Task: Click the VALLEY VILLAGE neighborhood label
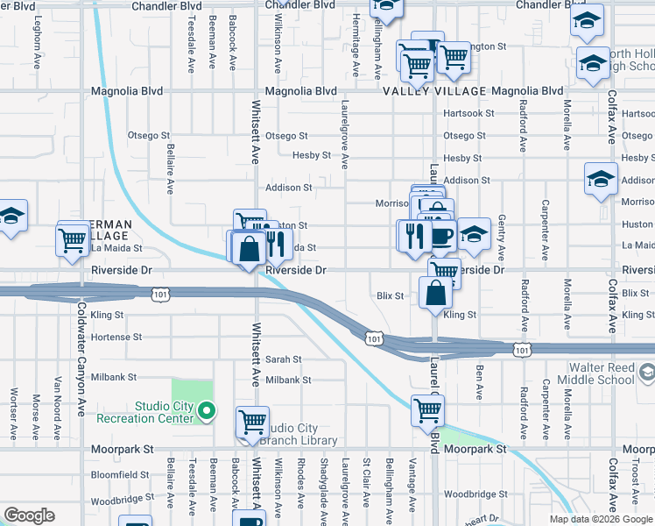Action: click(433, 91)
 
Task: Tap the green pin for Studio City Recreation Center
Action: click(207, 410)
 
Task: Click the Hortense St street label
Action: click(116, 337)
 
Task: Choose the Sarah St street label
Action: click(284, 359)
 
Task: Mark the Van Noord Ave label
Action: click(58, 396)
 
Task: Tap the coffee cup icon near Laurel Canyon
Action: click(440, 234)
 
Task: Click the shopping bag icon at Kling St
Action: click(435, 293)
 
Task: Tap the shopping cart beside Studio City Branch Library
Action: click(252, 422)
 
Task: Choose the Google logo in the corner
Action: click(29, 515)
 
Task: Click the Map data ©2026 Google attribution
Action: click(601, 519)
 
